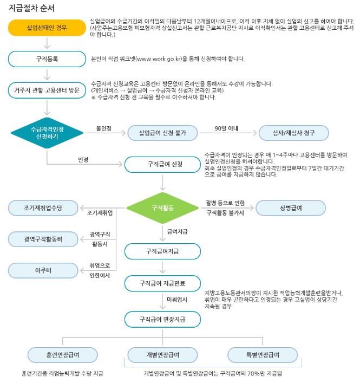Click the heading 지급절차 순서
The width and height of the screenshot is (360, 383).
pyautogui.click(x=31, y=8)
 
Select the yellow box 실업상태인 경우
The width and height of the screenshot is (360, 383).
pyautogui.click(x=47, y=27)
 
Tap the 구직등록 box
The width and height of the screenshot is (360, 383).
pyautogui.click(x=47, y=58)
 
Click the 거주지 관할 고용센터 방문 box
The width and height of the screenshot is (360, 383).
pyautogui.click(x=47, y=90)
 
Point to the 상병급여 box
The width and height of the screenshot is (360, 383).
pyautogui.click(x=291, y=208)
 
